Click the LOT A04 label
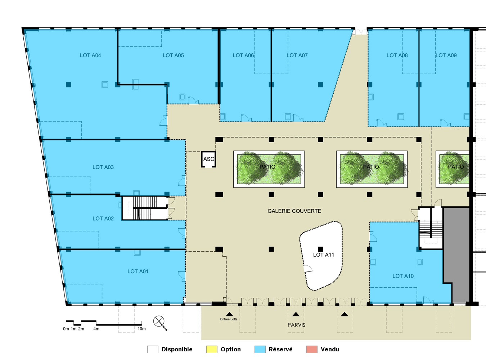(x=90, y=55)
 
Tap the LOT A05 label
(x=173, y=55)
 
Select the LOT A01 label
(x=138, y=271)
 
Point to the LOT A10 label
(x=403, y=276)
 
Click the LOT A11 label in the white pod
(x=323, y=255)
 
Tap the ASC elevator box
(x=208, y=159)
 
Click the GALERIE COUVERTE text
(x=294, y=211)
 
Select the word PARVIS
(x=296, y=325)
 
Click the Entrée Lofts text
(x=229, y=319)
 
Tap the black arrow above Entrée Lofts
(x=229, y=314)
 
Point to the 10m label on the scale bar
(x=141, y=329)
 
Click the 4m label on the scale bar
(x=96, y=329)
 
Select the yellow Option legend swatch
(x=212, y=349)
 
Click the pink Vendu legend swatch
(x=312, y=349)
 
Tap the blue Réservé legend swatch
(x=260, y=349)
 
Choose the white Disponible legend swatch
(x=153, y=349)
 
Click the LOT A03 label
(x=103, y=167)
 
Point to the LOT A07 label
(x=297, y=55)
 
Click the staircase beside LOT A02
(x=145, y=208)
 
